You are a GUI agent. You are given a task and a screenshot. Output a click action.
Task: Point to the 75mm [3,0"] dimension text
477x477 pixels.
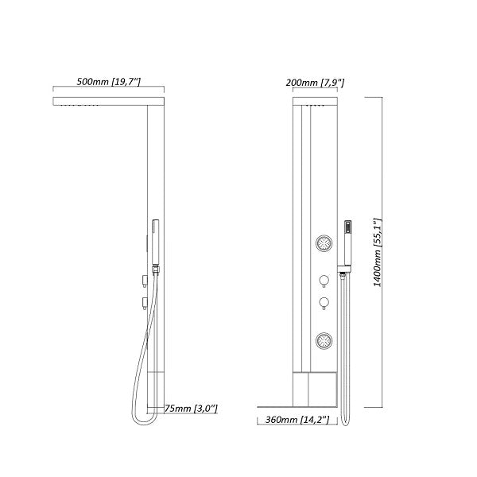192,408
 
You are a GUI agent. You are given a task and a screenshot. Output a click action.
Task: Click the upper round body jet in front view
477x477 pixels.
324,243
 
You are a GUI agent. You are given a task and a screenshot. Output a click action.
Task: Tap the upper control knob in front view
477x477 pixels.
324,280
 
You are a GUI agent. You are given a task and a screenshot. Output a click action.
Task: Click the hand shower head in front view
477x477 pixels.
347,231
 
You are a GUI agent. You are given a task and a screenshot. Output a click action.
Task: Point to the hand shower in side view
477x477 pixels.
154,238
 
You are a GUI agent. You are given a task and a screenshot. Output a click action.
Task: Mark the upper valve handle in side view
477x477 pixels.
144,277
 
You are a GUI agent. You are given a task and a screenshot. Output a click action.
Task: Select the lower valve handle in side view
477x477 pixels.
144,300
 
